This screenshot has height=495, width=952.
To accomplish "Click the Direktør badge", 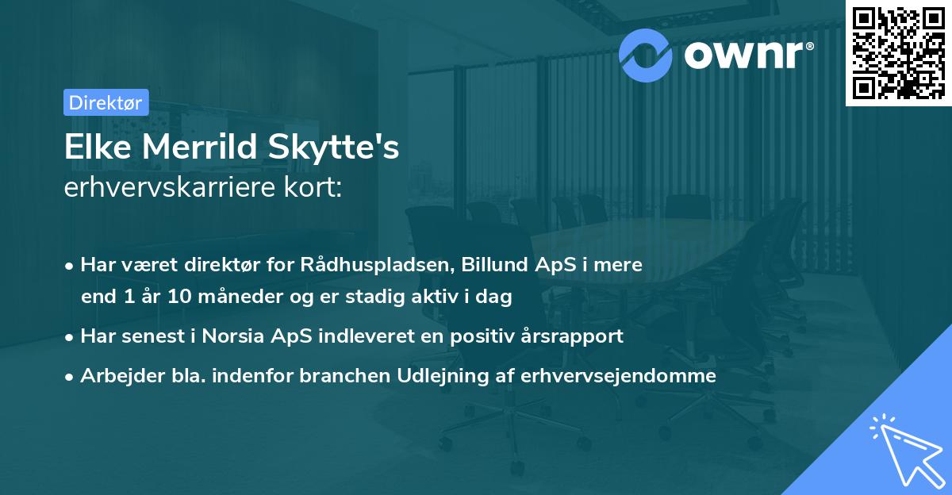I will (x=106, y=102).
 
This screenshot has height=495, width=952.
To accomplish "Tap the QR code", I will (x=898, y=52).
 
